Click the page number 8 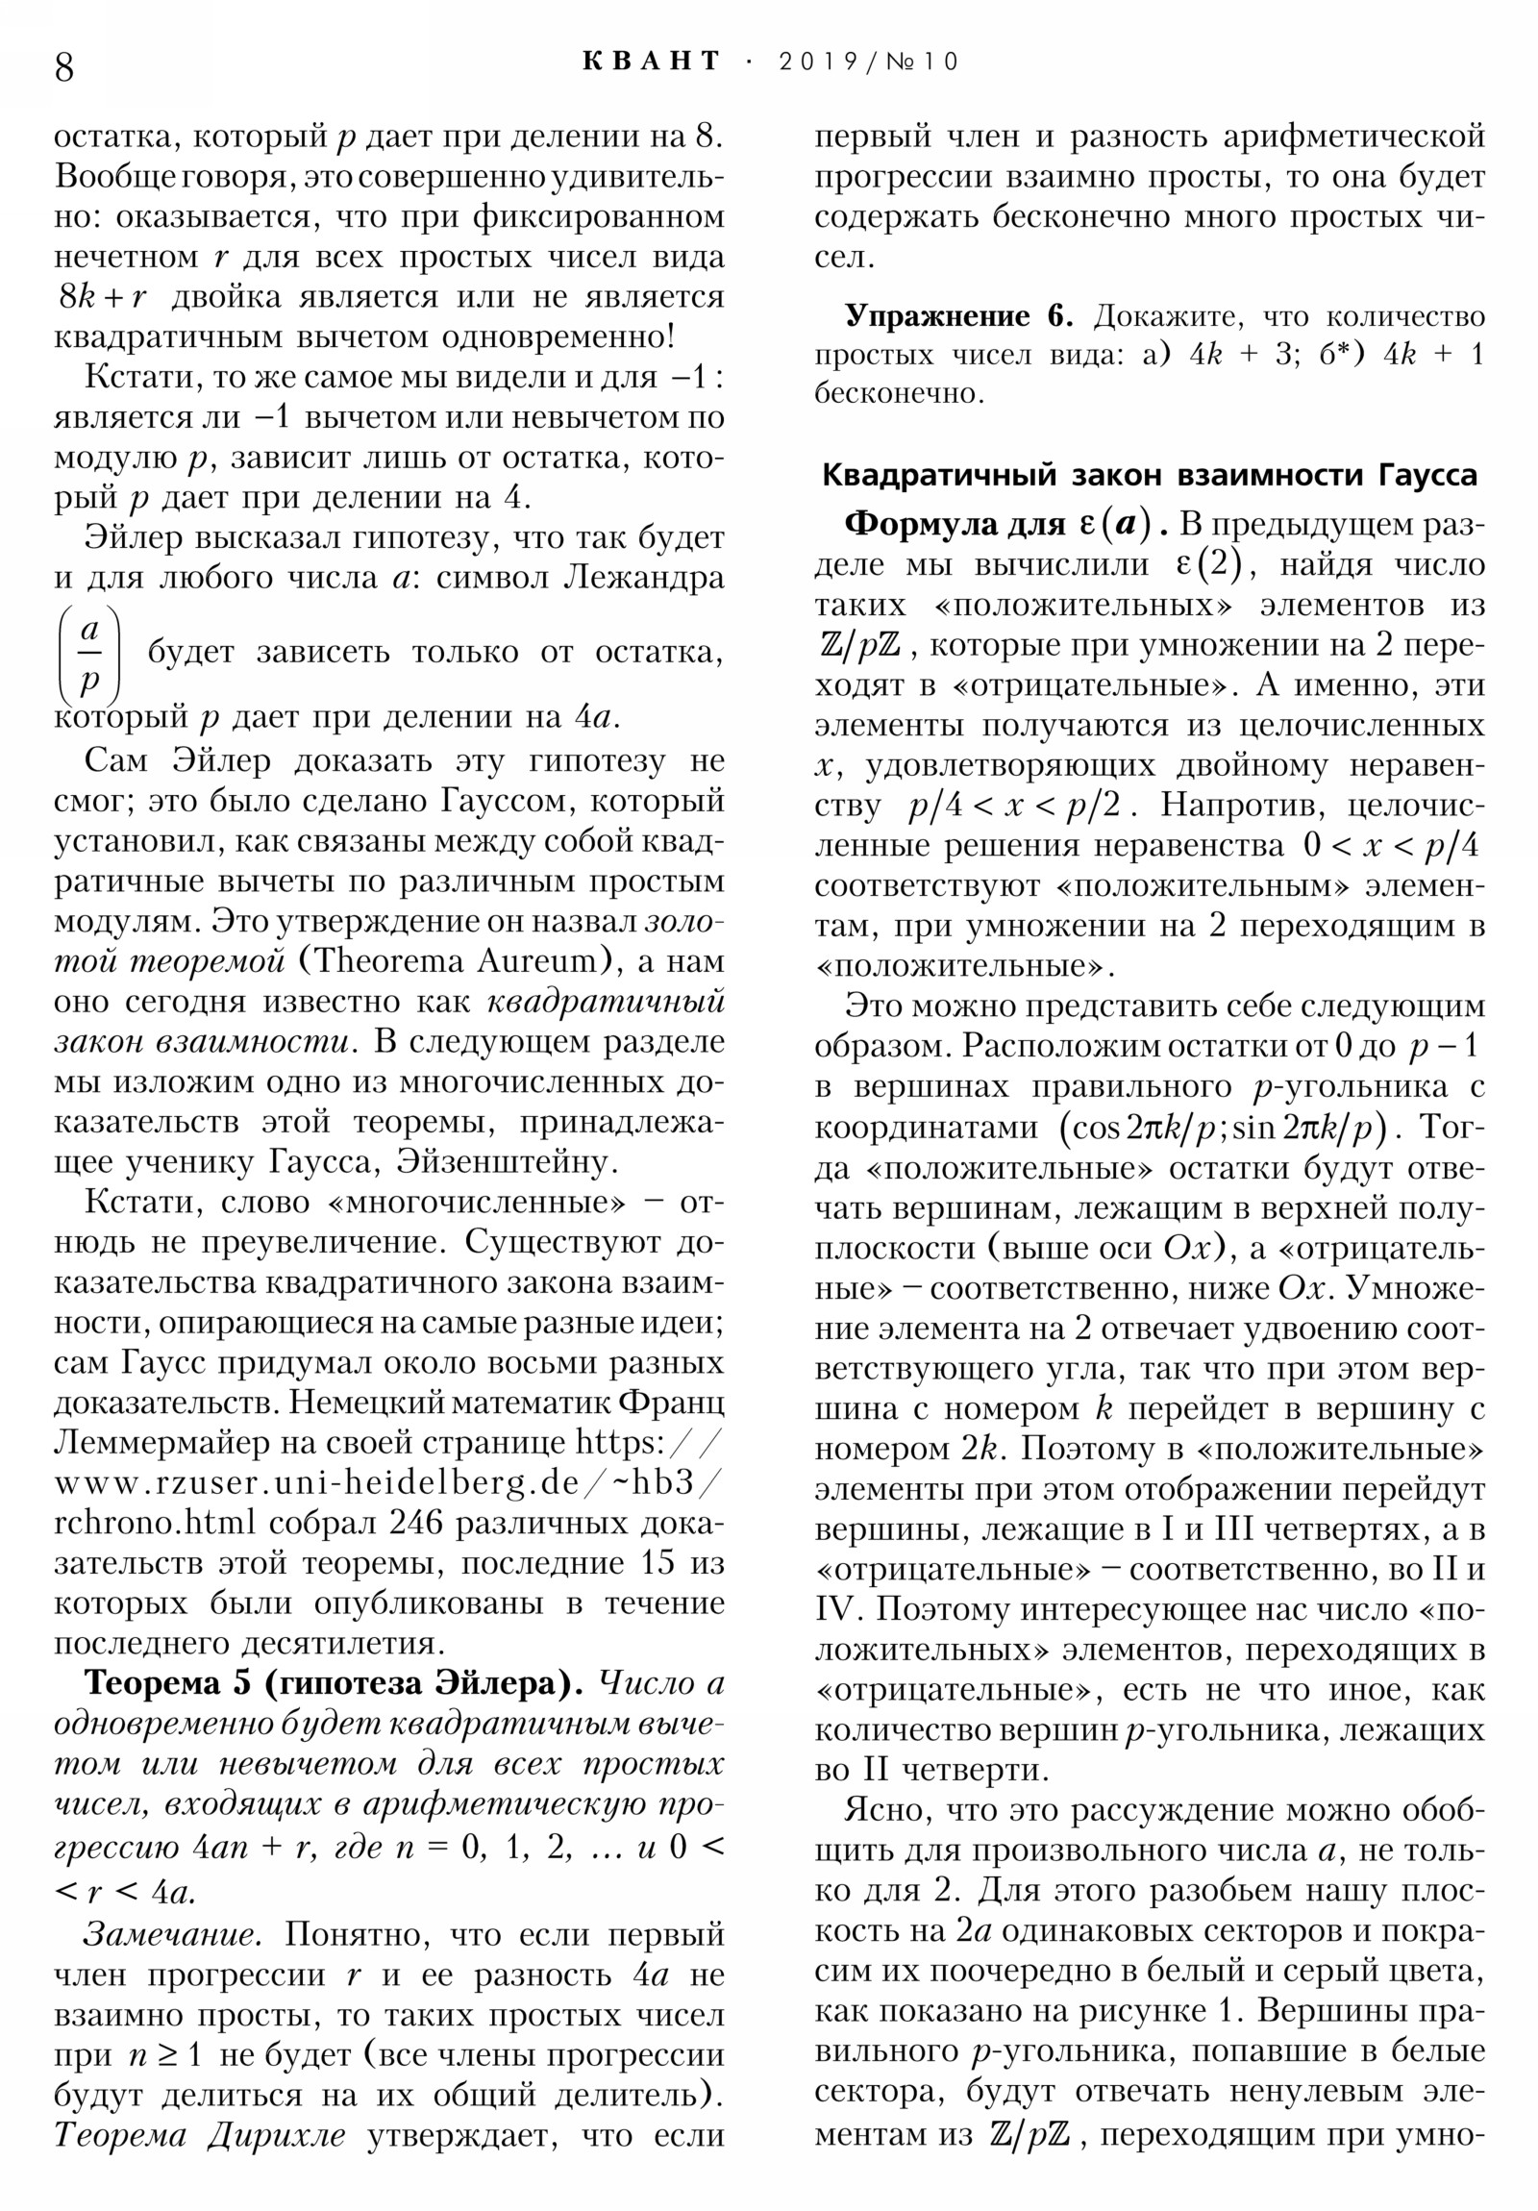point(63,67)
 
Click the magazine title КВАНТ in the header point(652,62)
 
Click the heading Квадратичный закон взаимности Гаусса point(1149,475)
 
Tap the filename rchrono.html point(155,1523)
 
